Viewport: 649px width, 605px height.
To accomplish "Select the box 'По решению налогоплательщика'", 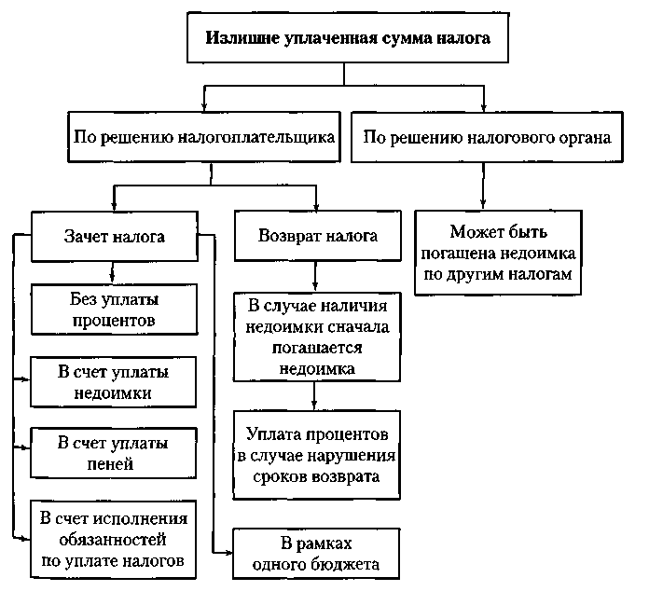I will click(204, 137).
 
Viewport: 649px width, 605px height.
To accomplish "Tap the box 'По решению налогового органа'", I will click(487, 137).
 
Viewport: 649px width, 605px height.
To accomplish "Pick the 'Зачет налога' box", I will click(114, 236).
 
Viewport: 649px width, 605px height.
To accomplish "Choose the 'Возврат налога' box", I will click(317, 236).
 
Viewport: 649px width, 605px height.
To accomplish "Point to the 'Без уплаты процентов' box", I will click(114, 310).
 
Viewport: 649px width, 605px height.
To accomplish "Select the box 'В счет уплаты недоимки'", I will click(114, 382).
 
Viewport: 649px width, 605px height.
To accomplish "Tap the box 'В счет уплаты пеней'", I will click(114, 452).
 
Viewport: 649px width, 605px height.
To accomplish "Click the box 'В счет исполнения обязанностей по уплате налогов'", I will click(114, 539).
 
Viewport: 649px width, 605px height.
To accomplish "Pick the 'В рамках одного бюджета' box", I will click(317, 554).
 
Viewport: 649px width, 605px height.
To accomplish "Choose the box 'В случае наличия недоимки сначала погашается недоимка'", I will click(317, 337).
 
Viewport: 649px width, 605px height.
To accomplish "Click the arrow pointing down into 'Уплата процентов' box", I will click(317, 406).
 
